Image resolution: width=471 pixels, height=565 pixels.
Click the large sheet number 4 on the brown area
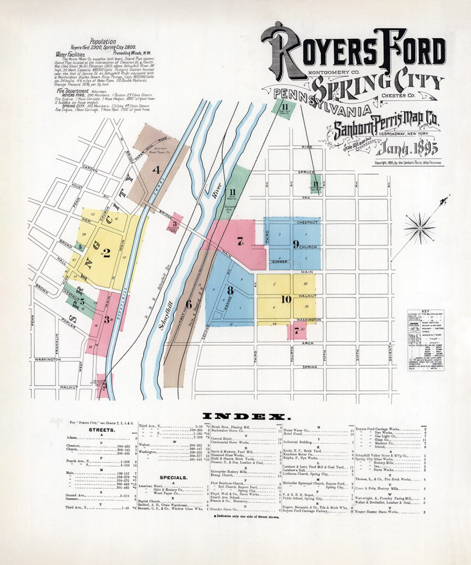(157, 170)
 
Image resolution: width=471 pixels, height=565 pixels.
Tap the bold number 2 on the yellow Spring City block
(106, 253)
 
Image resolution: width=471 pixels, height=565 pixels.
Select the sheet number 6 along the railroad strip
(188, 304)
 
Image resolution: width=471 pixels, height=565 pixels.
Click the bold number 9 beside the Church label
(296, 245)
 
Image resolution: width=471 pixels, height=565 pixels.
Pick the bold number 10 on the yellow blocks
(286, 299)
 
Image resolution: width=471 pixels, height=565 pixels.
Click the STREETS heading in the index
(102, 430)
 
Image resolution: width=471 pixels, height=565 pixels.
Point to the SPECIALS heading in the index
(173, 478)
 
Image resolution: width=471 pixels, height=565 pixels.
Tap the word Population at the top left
(102, 42)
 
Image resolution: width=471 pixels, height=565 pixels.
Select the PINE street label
(307, 147)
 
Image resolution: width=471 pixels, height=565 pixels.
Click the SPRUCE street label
(306, 173)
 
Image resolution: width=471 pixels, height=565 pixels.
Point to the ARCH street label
(307, 343)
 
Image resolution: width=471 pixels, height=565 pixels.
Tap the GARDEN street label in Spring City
(90, 168)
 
